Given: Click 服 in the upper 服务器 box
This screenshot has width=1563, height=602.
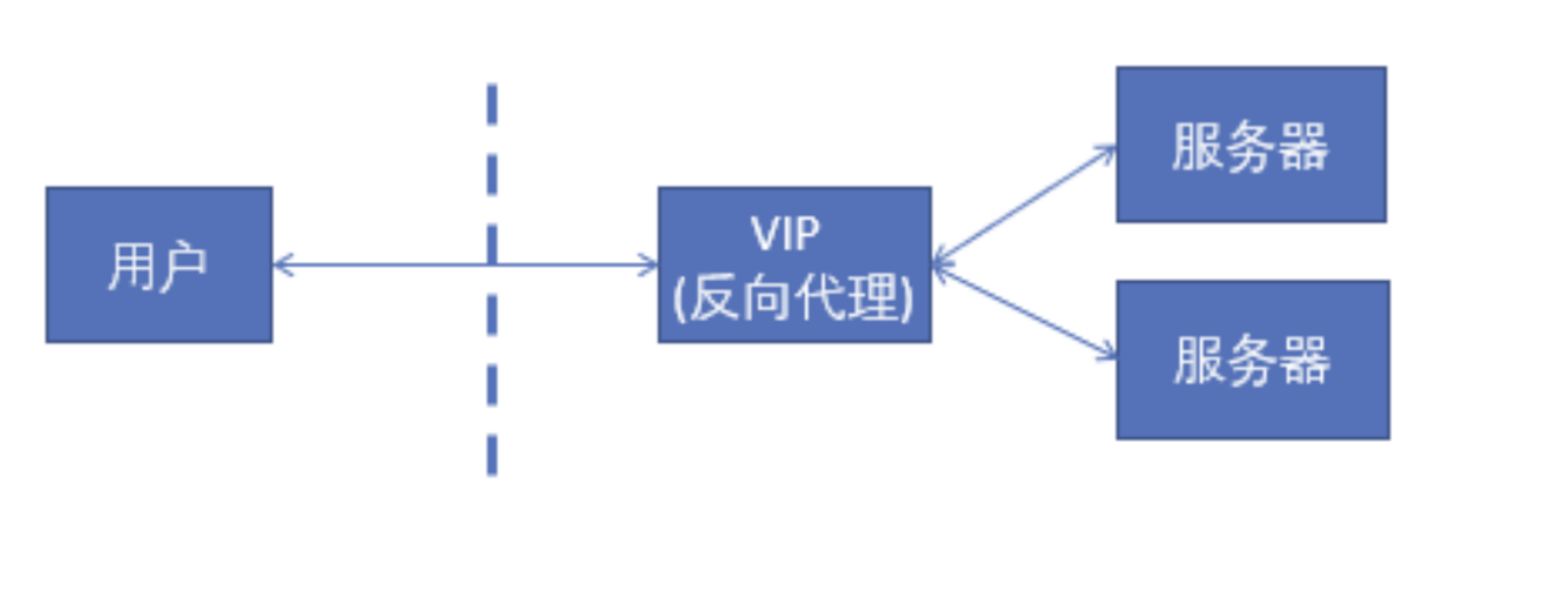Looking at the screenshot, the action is point(1197,147).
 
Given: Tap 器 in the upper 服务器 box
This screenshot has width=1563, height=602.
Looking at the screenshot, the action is point(1304,147).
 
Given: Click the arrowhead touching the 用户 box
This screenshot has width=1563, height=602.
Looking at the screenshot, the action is point(281,265).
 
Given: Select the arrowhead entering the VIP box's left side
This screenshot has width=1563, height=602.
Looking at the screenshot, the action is point(650,265).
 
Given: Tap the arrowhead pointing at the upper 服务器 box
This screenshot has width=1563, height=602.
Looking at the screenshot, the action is point(1106,150).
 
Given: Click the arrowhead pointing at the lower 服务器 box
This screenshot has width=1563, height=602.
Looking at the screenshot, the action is point(1108,353).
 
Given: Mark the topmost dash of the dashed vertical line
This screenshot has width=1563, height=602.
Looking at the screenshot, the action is point(492,104).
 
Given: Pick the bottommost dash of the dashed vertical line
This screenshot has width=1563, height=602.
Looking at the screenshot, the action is point(492,454).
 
